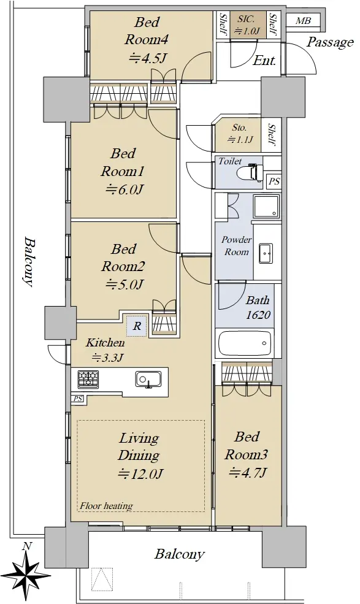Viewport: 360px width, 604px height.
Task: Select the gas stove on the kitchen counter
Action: point(88,379)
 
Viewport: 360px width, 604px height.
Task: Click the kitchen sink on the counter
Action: point(148,379)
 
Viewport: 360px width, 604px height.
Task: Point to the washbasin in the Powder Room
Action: point(266,253)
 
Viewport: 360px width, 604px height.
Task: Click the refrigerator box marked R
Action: point(137,326)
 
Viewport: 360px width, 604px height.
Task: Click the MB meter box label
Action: point(303,21)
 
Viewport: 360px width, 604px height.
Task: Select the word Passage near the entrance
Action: point(330,42)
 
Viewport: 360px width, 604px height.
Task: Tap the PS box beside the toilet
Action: point(274,181)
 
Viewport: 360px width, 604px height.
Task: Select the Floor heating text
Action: point(106,505)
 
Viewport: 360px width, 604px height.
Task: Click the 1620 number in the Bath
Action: point(258,315)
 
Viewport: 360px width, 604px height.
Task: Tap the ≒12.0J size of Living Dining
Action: point(140,473)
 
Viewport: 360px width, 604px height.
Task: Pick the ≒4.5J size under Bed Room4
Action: point(148,58)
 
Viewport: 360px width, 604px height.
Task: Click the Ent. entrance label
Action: point(264,61)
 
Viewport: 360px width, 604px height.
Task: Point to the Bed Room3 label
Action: point(247,445)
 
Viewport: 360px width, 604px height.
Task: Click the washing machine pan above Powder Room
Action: point(266,207)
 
